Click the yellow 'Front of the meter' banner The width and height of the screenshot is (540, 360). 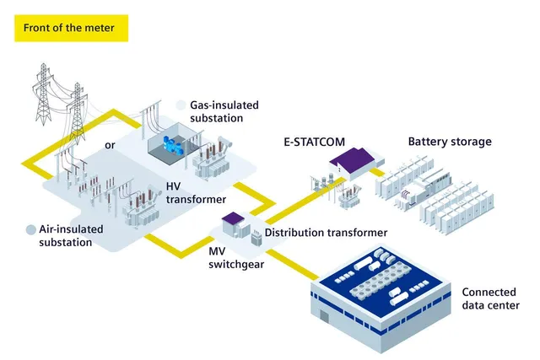click(x=71, y=28)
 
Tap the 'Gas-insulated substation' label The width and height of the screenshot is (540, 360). click(x=224, y=111)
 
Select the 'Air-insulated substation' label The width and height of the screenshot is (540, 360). click(x=71, y=236)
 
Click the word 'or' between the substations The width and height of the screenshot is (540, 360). click(x=110, y=145)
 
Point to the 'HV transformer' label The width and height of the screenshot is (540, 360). click(x=196, y=193)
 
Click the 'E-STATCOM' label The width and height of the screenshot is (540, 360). click(x=314, y=142)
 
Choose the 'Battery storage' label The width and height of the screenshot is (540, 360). click(x=450, y=142)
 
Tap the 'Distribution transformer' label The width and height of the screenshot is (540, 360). click(x=326, y=233)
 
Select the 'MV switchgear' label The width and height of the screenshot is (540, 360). click(x=236, y=258)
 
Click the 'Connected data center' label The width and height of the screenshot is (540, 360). click(x=490, y=298)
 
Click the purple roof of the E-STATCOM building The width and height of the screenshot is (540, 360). click(x=351, y=159)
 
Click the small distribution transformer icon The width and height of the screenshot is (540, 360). click(x=256, y=238)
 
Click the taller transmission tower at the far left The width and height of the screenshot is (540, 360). click(x=43, y=94)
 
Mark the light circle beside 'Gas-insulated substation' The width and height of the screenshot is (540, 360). click(x=181, y=105)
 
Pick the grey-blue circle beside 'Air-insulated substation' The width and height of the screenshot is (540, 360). click(x=31, y=230)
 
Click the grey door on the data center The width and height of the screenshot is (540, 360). click(x=324, y=315)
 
